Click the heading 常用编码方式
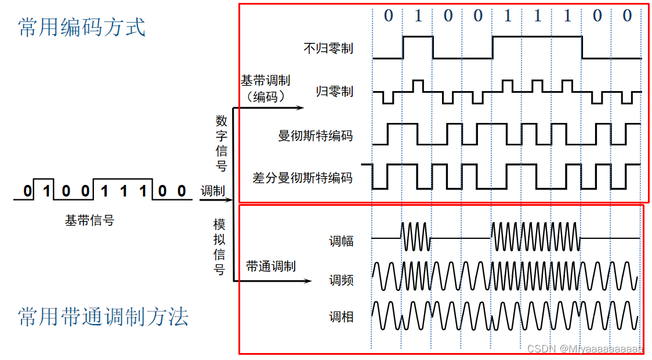click(82, 27)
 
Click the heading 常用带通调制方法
click(103, 317)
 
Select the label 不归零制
click(328, 48)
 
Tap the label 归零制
click(335, 92)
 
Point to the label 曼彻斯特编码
click(316, 136)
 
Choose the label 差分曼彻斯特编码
click(302, 177)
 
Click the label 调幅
click(341, 241)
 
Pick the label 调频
click(341, 281)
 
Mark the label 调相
click(341, 317)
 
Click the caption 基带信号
click(89, 220)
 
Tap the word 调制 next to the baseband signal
click(213, 191)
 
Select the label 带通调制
click(271, 266)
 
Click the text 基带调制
click(266, 81)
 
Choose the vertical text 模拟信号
click(220, 247)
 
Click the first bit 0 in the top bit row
click(388, 16)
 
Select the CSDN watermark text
click(585, 349)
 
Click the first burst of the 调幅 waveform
click(415, 237)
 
